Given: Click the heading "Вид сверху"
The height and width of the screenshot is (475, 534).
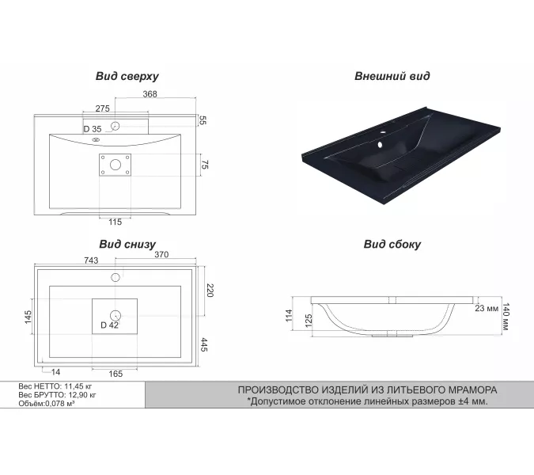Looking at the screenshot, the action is tap(127, 76).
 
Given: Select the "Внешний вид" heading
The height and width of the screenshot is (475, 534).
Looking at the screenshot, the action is tap(392, 76).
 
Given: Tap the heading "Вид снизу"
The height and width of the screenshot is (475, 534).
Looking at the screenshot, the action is tap(127, 245).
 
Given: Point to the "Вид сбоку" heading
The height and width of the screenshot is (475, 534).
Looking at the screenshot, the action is tap(392, 245).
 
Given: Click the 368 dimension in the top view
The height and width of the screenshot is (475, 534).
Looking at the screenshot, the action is tap(150, 93).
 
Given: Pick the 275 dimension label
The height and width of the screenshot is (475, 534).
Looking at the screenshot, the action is tap(103, 108).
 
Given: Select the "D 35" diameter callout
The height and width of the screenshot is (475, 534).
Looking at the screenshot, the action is tap(93, 129).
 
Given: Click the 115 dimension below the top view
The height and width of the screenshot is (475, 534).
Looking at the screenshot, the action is tap(116, 222).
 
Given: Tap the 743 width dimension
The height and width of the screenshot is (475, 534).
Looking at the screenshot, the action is tap(91, 260).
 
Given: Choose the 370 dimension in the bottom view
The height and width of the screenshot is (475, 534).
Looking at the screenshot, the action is tap(161, 255).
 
